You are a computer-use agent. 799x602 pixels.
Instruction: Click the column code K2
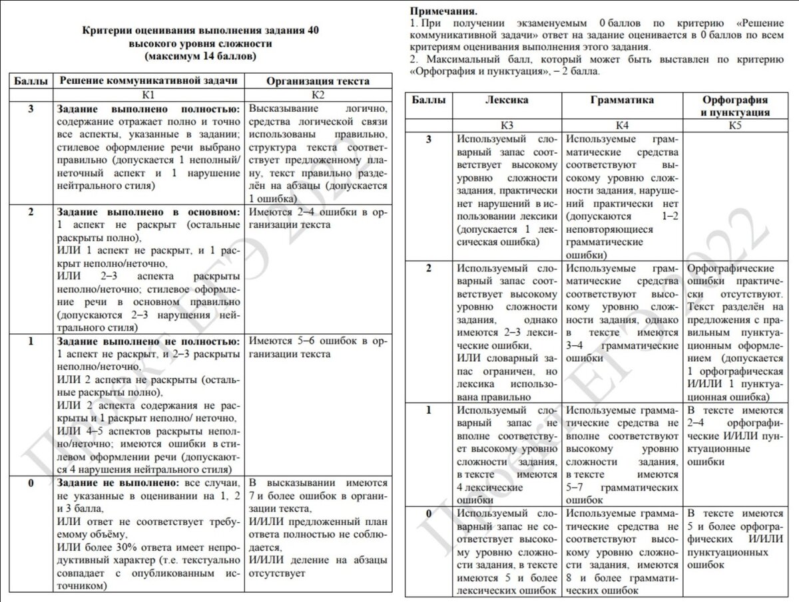(x=318, y=95)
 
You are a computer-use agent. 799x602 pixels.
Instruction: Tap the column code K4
(x=622, y=125)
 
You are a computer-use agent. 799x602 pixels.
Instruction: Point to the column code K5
(x=734, y=125)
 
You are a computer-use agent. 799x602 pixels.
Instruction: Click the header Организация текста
(x=318, y=81)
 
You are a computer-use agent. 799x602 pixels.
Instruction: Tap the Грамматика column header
(x=622, y=100)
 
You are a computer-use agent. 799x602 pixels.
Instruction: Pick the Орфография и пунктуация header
(x=734, y=106)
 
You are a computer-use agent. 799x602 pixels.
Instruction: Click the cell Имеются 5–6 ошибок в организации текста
(x=318, y=348)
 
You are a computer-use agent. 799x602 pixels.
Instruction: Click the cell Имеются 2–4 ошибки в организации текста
(x=318, y=218)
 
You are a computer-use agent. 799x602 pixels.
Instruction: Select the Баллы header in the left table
(x=31, y=81)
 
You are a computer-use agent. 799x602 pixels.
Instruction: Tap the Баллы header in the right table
(x=429, y=100)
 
